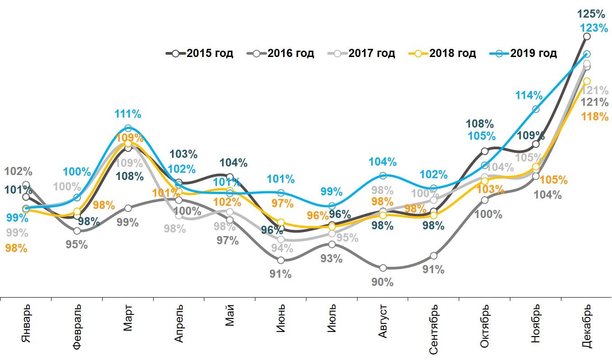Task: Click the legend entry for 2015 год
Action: tap(200, 53)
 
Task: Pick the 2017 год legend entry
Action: tap(362, 53)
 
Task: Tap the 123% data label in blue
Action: tap(594, 28)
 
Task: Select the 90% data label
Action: tap(382, 282)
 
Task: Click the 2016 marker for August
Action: tap(383, 268)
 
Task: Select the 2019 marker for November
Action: tap(536, 109)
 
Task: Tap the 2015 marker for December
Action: tap(587, 36)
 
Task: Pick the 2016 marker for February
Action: tap(77, 231)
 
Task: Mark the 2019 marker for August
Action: tap(383, 175)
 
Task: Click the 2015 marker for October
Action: tap(485, 151)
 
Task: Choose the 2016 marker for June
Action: tap(281, 260)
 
